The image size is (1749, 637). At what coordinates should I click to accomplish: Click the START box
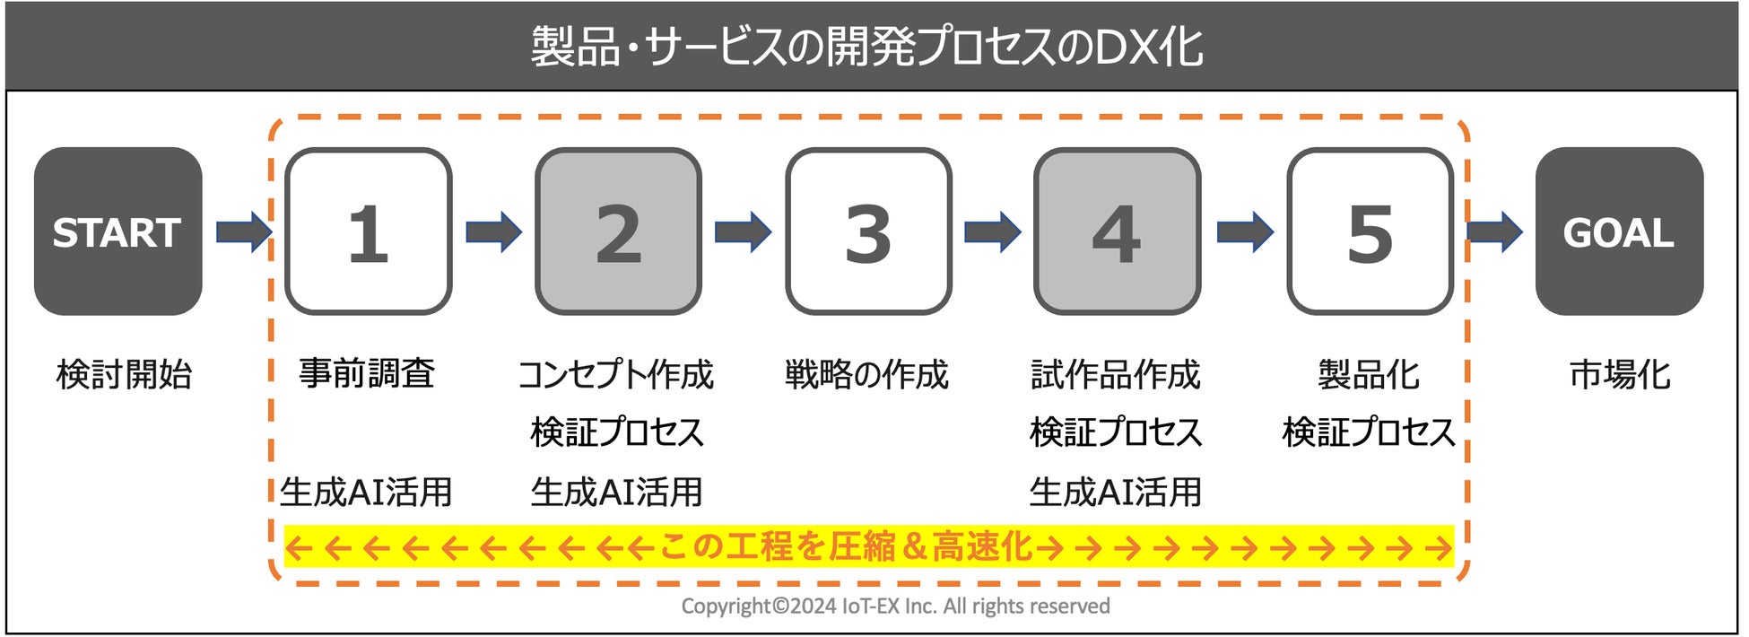[117, 231]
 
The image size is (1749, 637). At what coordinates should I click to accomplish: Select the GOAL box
[1619, 231]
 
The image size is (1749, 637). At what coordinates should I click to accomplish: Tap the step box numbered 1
[368, 231]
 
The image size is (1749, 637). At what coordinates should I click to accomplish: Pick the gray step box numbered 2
[618, 231]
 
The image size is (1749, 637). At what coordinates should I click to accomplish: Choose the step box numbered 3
[868, 231]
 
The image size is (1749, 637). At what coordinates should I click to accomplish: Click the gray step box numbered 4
[1117, 231]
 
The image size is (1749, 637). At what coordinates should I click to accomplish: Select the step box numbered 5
[1370, 231]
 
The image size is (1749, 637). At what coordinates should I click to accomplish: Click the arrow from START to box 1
[243, 231]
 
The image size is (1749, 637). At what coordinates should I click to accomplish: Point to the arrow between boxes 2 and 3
[743, 231]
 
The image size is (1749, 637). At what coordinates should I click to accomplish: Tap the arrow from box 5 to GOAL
[1494, 231]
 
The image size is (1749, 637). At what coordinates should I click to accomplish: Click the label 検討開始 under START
[124, 374]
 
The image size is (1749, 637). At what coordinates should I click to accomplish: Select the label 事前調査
[367, 373]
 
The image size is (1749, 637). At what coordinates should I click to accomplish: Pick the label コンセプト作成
[616, 374]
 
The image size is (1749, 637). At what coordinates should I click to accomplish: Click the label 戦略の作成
[866, 374]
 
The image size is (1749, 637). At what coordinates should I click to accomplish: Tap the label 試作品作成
[1116, 374]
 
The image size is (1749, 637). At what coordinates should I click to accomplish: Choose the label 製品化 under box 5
[1368, 374]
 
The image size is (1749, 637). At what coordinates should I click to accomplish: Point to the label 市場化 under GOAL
[1619, 374]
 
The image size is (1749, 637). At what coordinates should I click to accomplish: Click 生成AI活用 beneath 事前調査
[366, 492]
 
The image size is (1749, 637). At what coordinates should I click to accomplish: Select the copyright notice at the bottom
[895, 606]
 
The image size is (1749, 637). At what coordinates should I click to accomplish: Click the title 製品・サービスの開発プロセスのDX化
[866, 47]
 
